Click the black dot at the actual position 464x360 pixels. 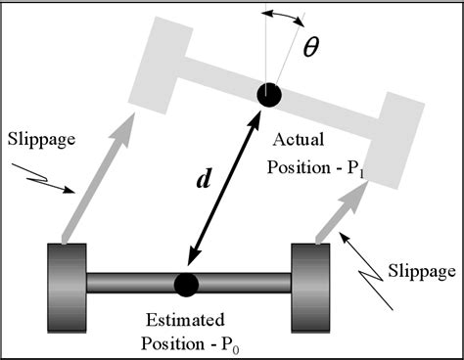[x=269, y=95]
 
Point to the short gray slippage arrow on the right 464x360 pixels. [x=337, y=209]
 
